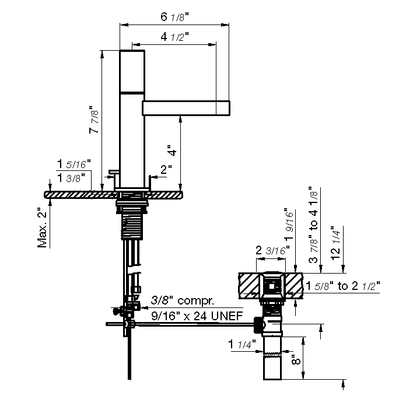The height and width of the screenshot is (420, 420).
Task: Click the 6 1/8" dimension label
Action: point(174,17)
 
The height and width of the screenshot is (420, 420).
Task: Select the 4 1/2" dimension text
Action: point(174,37)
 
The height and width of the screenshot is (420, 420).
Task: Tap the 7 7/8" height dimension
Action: point(94,119)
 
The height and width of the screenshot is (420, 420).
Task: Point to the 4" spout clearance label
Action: point(172,150)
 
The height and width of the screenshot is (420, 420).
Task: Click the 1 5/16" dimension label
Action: point(74,164)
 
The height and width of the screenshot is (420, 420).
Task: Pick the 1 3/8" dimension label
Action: point(71,177)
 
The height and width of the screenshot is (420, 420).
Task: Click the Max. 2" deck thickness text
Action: point(42,228)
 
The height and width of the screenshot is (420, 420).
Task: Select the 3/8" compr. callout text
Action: point(183,300)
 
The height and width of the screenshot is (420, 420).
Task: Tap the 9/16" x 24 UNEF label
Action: point(197,316)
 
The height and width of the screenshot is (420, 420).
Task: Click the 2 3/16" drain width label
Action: point(272,250)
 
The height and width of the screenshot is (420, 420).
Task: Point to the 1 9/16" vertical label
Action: point(289,224)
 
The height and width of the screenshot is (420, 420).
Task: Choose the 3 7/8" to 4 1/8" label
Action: point(313,225)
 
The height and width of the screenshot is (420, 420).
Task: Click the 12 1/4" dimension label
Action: point(335,243)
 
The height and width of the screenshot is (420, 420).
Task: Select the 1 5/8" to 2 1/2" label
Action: point(343,286)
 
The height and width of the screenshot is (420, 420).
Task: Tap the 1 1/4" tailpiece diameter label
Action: point(242,344)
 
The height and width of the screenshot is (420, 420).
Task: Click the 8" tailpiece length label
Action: point(296,359)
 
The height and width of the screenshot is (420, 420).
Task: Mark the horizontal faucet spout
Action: point(186,108)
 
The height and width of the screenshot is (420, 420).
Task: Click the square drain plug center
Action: point(272,286)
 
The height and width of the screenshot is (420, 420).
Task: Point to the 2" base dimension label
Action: point(166,169)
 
